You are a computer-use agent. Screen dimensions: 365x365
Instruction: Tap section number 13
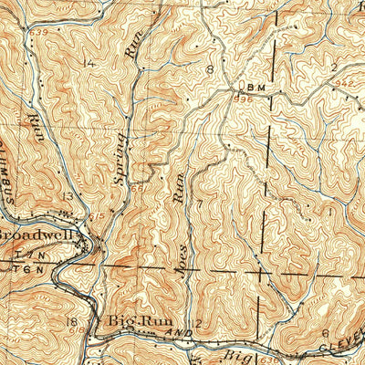67,196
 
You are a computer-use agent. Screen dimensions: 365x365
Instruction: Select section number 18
72,321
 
